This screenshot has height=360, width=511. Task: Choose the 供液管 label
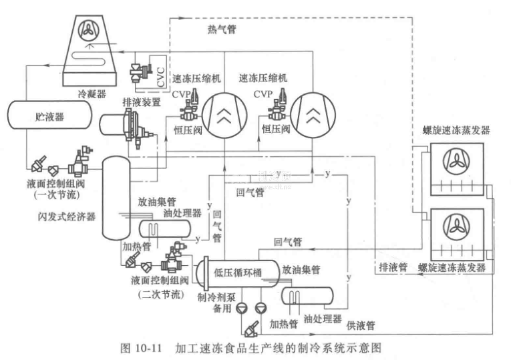[361, 325]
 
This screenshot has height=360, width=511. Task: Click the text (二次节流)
[156, 295]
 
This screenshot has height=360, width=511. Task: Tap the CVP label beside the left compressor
[182, 95]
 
